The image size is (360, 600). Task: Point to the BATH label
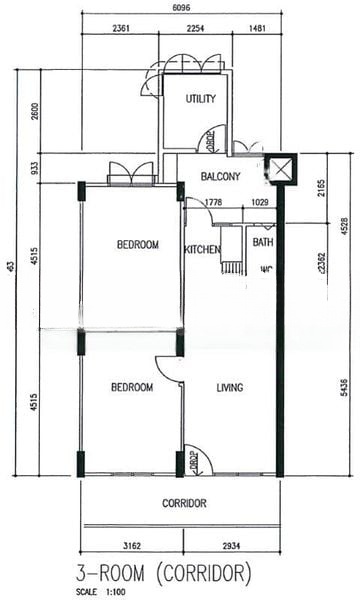click(263, 243)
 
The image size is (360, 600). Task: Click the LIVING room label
click(230, 387)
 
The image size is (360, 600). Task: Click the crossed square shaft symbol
click(283, 170)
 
